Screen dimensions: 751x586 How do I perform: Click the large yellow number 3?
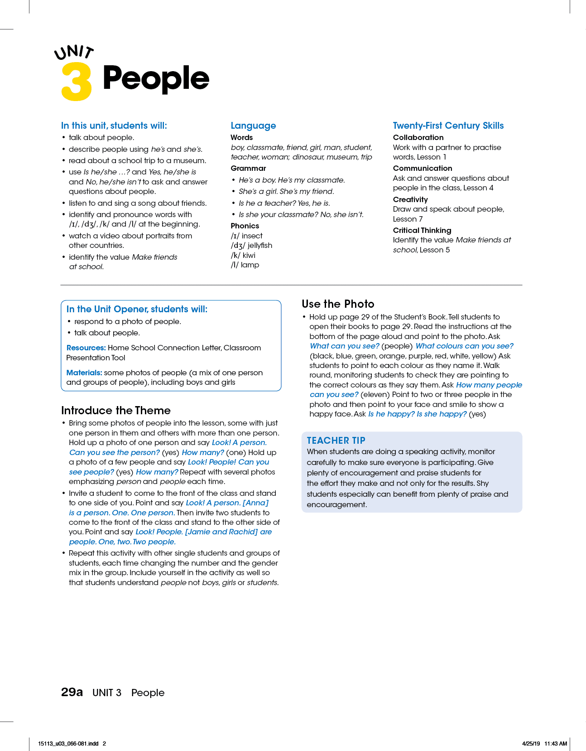click(77, 82)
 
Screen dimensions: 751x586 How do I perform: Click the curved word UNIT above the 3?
click(74, 52)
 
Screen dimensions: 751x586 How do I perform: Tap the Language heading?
click(253, 126)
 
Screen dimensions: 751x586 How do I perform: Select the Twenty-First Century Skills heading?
click(448, 126)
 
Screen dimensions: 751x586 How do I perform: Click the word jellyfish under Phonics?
click(260, 245)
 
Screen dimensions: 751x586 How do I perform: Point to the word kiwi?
click(249, 255)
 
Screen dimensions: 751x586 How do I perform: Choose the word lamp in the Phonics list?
click(250, 265)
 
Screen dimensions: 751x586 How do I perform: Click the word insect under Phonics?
click(252, 236)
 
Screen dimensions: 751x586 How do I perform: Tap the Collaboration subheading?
click(418, 137)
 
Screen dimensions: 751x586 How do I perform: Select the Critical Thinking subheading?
click(422, 230)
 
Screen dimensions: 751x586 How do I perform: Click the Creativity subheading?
click(410, 199)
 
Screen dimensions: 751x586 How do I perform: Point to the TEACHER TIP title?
click(336, 441)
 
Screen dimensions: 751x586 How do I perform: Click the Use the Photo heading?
click(338, 304)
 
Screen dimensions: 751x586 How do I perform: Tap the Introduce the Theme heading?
click(116, 410)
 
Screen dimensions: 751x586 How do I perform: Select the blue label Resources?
click(86, 348)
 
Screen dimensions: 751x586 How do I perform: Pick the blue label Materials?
click(84, 373)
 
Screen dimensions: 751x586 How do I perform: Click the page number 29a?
click(72, 692)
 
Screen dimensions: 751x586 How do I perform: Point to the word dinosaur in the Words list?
click(307, 157)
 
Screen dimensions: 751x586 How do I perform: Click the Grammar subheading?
click(248, 168)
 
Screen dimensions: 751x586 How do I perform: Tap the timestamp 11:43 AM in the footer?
click(555, 743)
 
